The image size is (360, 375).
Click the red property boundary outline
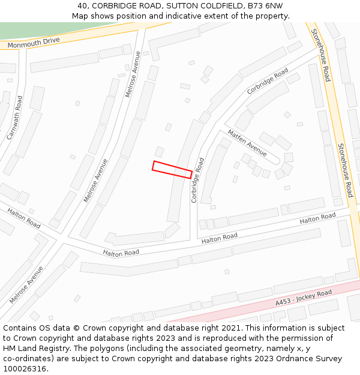pyautogui.click(x=172, y=169)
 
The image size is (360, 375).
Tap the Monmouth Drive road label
pyautogui.click(x=34, y=43)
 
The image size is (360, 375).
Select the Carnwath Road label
pyautogui.click(x=15, y=118)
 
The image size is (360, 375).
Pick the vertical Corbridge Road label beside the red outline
pyautogui.click(x=197, y=180)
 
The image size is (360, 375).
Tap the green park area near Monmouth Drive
pyautogui.click(x=48, y=29)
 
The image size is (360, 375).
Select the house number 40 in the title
pyautogui.click(x=82, y=6)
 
